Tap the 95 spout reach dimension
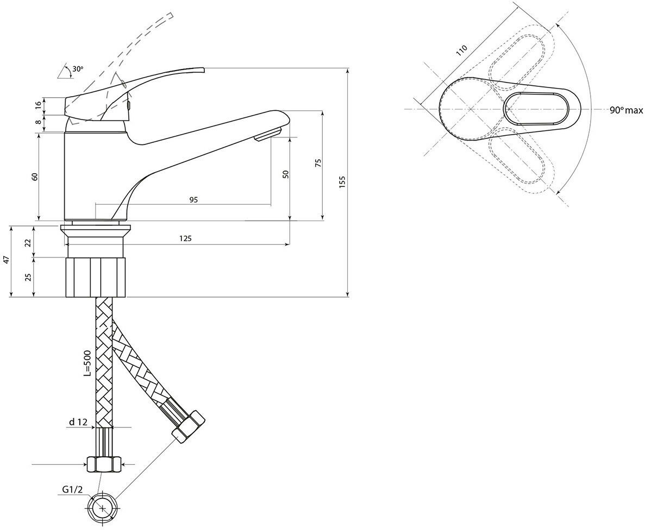click(x=193, y=199)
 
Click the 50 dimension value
click(x=286, y=174)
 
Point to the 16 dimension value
click(x=37, y=105)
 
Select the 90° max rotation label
click(x=625, y=110)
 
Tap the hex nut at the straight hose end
click(x=103, y=464)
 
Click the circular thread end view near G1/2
click(x=102, y=509)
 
